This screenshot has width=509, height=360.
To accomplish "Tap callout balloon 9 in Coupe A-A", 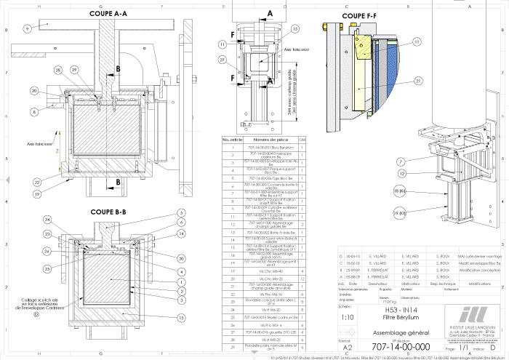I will coord(27,28).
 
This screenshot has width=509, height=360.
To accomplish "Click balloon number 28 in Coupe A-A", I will coord(57,70).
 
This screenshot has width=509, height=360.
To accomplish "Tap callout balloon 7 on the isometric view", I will coord(420,161).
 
